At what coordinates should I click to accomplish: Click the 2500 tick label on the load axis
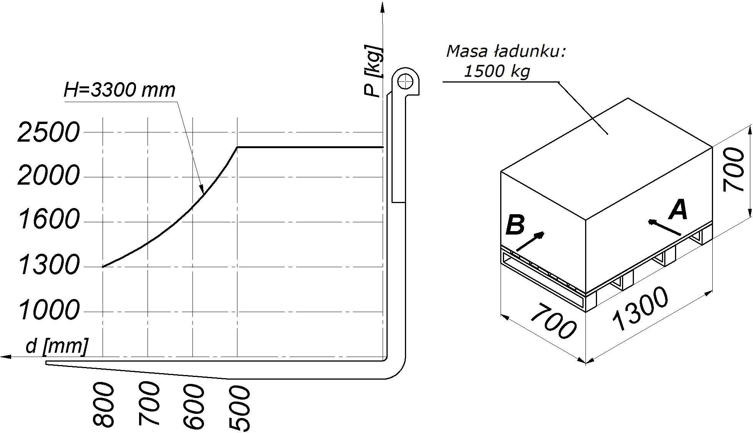[48, 132]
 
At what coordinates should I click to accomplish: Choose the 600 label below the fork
[193, 406]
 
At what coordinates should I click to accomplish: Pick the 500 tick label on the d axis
[239, 408]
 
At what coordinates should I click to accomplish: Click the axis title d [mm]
[56, 346]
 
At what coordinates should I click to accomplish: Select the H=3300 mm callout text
[119, 90]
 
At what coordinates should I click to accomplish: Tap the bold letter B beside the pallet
[515, 225]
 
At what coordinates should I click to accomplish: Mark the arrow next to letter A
[664, 227]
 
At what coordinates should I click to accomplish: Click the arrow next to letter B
[531, 241]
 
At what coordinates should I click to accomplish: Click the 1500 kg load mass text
[497, 71]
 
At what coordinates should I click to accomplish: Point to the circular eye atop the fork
[405, 81]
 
